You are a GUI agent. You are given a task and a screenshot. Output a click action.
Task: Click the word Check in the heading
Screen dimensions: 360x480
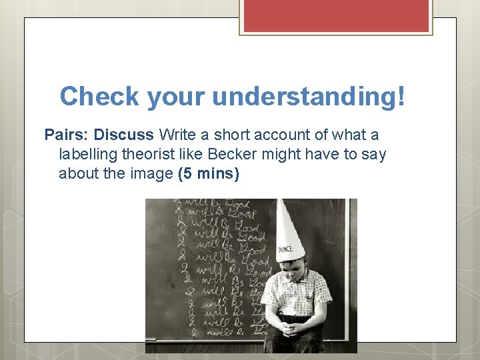[x=99, y=96]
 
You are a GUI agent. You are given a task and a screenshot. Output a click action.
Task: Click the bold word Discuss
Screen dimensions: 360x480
[x=124, y=135]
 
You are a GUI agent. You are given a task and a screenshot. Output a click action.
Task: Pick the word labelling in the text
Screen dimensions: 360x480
[x=87, y=155]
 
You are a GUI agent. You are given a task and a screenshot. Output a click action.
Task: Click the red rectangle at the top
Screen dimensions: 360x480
[x=336, y=15]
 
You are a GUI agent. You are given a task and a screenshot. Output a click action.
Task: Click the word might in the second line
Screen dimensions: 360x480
[x=278, y=155]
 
